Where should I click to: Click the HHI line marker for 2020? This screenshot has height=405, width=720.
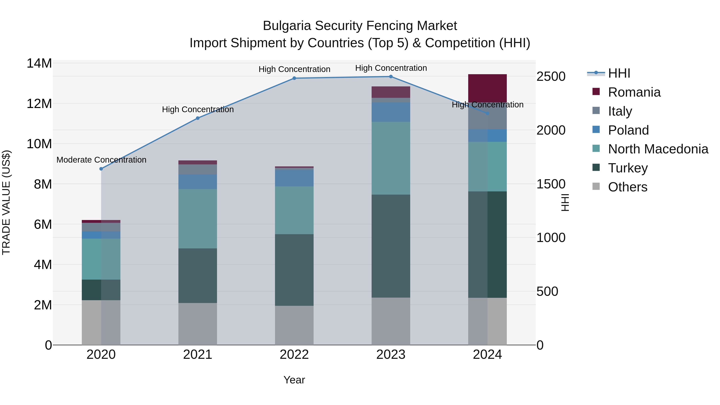coord(101,169)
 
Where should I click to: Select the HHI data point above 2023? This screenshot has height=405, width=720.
coord(391,77)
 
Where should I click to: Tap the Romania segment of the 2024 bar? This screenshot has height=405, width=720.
coord(487,88)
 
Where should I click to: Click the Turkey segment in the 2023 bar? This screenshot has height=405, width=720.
coord(391,246)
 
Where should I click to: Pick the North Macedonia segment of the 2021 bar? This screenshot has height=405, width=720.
coord(198,219)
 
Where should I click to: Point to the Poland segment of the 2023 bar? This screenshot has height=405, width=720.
coord(391,112)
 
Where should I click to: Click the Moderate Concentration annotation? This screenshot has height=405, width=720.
coord(101,160)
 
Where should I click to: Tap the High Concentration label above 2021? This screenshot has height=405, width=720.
coord(198,110)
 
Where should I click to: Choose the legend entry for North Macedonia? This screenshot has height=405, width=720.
coord(658,149)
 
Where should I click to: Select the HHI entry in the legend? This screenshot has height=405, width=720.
coord(619,73)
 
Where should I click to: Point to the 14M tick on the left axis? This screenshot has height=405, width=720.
coord(39,63)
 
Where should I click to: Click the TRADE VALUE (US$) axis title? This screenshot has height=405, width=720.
coord(6,202)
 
